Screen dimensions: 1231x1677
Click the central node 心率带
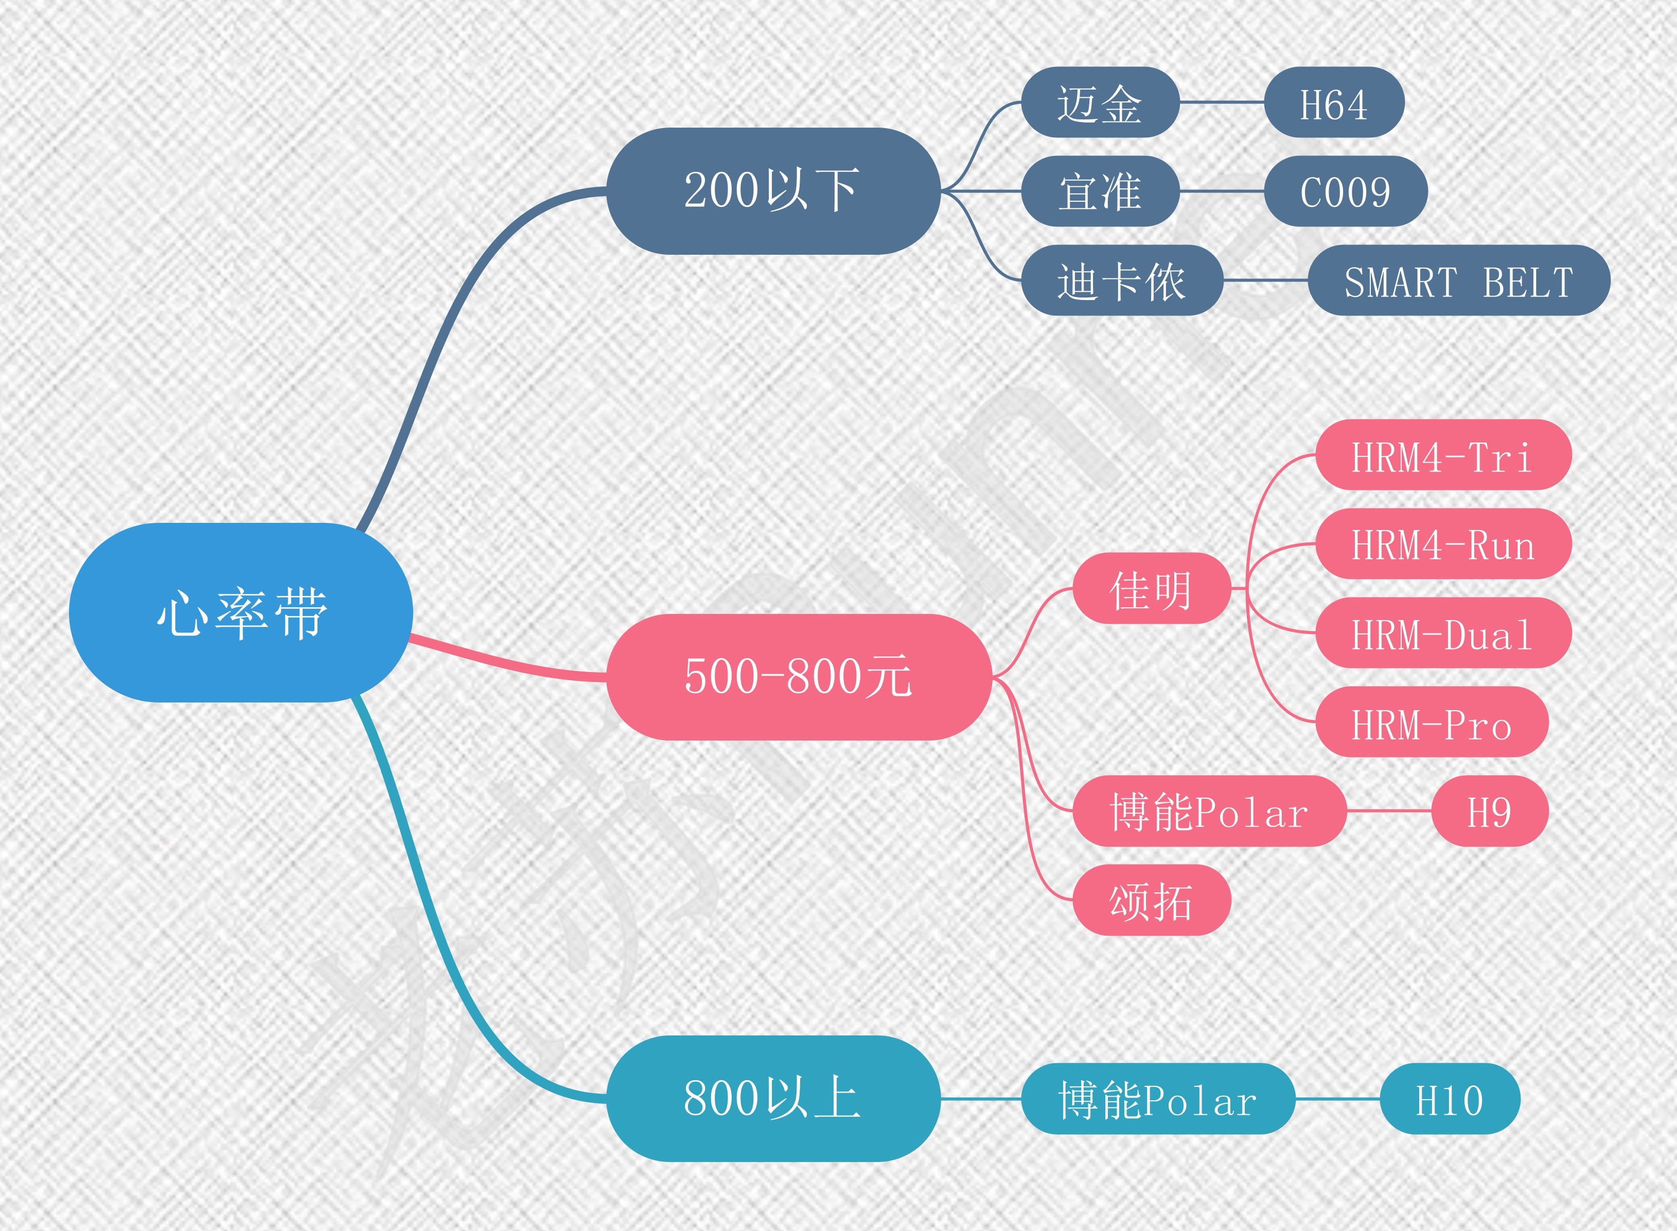click(x=241, y=612)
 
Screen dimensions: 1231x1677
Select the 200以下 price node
click(x=773, y=191)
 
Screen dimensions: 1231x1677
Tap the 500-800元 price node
click(x=798, y=677)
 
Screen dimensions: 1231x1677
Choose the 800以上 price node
click(x=773, y=1098)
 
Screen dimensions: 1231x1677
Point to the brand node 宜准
click(x=1100, y=191)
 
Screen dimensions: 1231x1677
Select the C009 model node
click(x=1345, y=191)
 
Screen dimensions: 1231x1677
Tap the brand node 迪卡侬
click(x=1121, y=280)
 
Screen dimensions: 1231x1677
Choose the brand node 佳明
click(x=1151, y=588)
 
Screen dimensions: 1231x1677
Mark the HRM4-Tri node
click(x=1442, y=454)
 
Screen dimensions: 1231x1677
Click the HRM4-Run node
click(x=1442, y=544)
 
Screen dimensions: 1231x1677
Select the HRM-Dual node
click(x=1442, y=632)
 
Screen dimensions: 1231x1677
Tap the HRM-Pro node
click(x=1431, y=722)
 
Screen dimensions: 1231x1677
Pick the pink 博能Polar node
click(x=1208, y=811)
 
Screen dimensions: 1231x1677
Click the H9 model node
click(x=1489, y=811)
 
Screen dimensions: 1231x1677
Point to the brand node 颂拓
click(x=1151, y=900)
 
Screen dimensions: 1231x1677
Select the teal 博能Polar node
click(x=1157, y=1098)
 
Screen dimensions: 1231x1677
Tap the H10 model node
click(x=1449, y=1098)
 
